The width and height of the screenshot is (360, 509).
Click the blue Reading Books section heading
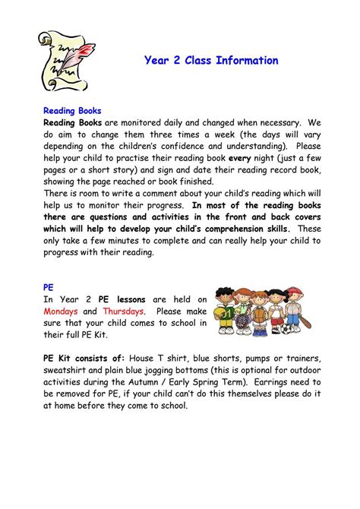[x=71, y=110]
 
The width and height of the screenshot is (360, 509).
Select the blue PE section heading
[x=47, y=287]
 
